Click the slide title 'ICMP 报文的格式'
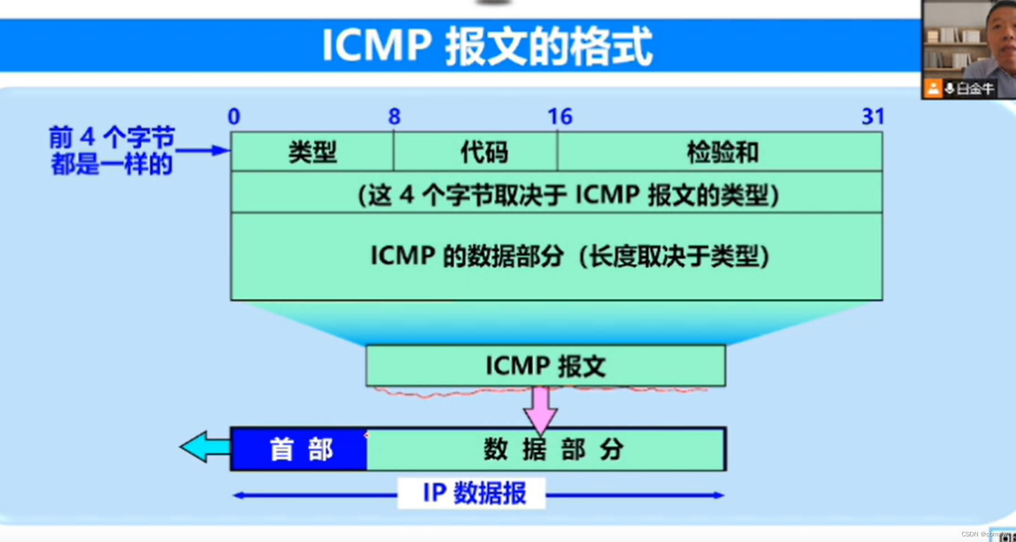[x=487, y=46]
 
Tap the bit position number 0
[x=234, y=117]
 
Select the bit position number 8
[x=394, y=117]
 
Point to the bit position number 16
[x=560, y=117]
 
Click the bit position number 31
[x=872, y=117]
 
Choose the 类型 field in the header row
[x=312, y=152]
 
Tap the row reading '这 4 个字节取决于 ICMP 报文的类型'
[x=568, y=195]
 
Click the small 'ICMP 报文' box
[x=546, y=366]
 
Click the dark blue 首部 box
[x=299, y=449]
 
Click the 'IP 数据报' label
[x=473, y=493]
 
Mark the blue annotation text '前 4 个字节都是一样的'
[x=111, y=151]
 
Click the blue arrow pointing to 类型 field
[x=202, y=150]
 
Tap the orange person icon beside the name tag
[x=933, y=88]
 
